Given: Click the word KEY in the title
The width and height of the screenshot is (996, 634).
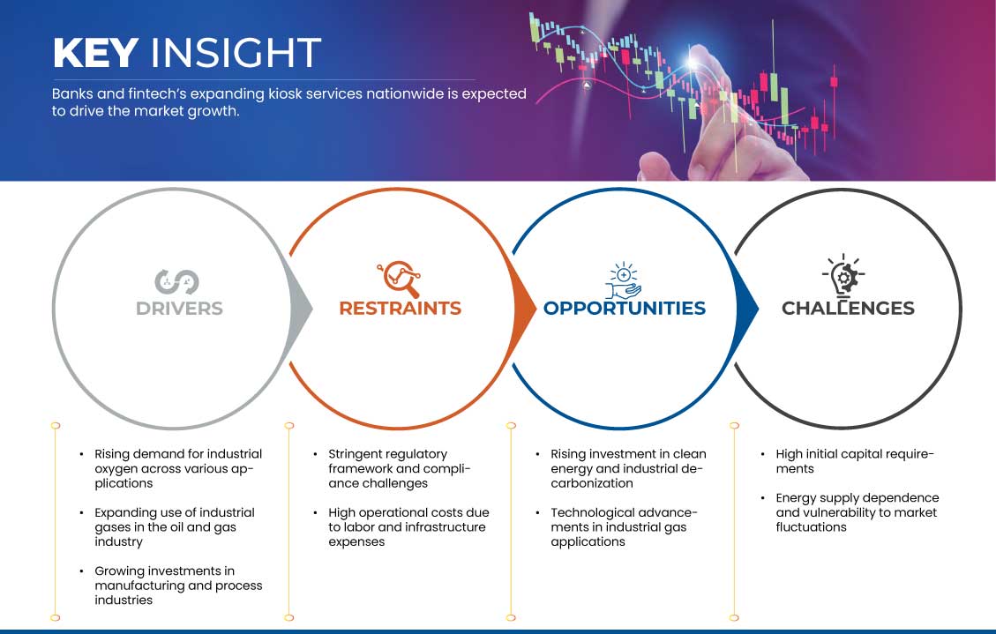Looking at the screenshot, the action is [x=96, y=53].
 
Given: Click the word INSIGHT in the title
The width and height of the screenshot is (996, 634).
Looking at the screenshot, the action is [x=236, y=53].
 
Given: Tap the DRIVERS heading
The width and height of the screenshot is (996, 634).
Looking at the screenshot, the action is [x=179, y=309].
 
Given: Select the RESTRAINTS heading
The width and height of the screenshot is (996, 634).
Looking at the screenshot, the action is [x=401, y=309].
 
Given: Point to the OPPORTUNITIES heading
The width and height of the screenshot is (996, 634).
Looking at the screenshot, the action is [x=625, y=309].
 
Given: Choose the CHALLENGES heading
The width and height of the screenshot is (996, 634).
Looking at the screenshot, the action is [x=848, y=309].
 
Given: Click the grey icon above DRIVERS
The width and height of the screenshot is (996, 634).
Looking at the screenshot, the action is [x=176, y=282].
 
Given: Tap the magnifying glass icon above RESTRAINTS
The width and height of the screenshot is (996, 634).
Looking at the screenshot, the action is [x=399, y=279].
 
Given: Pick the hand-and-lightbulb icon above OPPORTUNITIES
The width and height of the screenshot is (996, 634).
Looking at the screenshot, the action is [x=623, y=280].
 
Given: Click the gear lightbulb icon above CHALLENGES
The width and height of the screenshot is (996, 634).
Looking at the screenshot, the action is [x=843, y=276].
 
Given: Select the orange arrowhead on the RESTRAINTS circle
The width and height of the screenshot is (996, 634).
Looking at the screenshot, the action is [x=525, y=310].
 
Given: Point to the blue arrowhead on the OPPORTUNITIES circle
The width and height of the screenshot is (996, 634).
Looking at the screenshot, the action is [x=747, y=310].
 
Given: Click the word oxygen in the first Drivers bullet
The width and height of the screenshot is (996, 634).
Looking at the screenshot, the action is [x=116, y=469].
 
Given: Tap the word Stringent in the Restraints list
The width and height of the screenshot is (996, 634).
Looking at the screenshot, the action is [x=356, y=454].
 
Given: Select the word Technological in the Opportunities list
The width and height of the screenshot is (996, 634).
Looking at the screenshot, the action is [x=591, y=512].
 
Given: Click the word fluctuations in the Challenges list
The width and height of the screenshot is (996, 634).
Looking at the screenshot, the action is [x=811, y=526].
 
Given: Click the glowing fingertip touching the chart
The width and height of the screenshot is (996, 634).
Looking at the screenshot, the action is [x=693, y=61].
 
